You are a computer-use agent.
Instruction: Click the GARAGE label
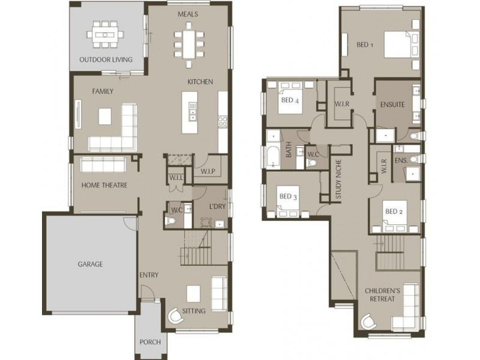click(90, 263)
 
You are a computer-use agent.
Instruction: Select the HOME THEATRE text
click(104, 185)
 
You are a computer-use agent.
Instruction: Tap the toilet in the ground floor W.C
click(171, 221)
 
